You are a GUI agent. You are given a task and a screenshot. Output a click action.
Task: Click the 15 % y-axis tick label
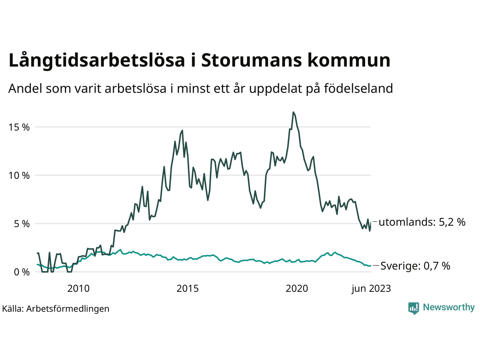19,127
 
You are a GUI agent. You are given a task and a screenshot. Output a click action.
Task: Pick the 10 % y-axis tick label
19,175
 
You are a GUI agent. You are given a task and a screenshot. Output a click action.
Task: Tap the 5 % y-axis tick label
21,224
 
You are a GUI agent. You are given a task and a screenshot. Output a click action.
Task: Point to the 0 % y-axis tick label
21,272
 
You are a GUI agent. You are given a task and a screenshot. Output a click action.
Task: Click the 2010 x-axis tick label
78,288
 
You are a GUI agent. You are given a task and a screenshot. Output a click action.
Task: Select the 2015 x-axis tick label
187,288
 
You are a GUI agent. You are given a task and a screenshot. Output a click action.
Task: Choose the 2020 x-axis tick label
297,288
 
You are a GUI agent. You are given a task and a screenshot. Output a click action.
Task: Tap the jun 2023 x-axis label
371,288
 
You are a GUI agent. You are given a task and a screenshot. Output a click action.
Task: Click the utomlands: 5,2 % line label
422,222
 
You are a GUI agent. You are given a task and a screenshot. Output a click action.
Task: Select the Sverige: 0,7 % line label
415,266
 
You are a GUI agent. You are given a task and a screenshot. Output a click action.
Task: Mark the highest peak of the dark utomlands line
293,112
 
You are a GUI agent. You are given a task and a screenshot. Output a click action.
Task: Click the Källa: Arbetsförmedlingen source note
55,309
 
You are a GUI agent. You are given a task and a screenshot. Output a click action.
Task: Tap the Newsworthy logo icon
414,308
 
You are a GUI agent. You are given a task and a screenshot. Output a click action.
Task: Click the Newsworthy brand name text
448,307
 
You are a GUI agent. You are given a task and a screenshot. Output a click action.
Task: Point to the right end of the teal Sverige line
370,265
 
